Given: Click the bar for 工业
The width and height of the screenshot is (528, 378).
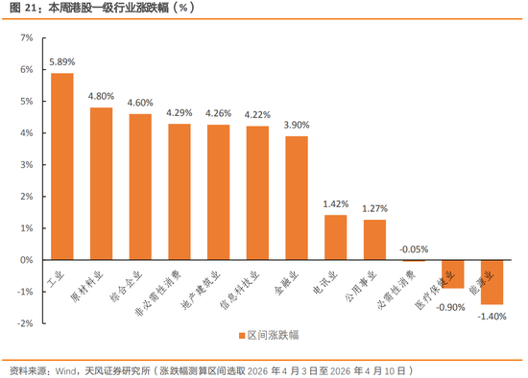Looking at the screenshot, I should point(62,166).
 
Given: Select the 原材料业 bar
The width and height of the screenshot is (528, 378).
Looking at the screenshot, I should point(102,183).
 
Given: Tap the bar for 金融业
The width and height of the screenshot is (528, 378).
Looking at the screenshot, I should point(297,198).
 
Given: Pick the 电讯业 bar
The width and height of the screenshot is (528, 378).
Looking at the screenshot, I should point(335,237).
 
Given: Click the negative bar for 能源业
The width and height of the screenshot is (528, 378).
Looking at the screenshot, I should point(492,282).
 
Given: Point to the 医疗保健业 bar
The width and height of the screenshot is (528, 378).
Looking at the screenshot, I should point(453,274).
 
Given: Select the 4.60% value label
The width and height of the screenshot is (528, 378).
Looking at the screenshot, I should point(140,103).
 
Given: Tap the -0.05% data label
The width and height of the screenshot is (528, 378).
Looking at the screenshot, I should point(415,248).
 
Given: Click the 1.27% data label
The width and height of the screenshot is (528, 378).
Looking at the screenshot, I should point(374,208).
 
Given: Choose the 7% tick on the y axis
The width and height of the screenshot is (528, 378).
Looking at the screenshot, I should point(26,38).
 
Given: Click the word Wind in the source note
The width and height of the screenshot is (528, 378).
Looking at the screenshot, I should point(64,369).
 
